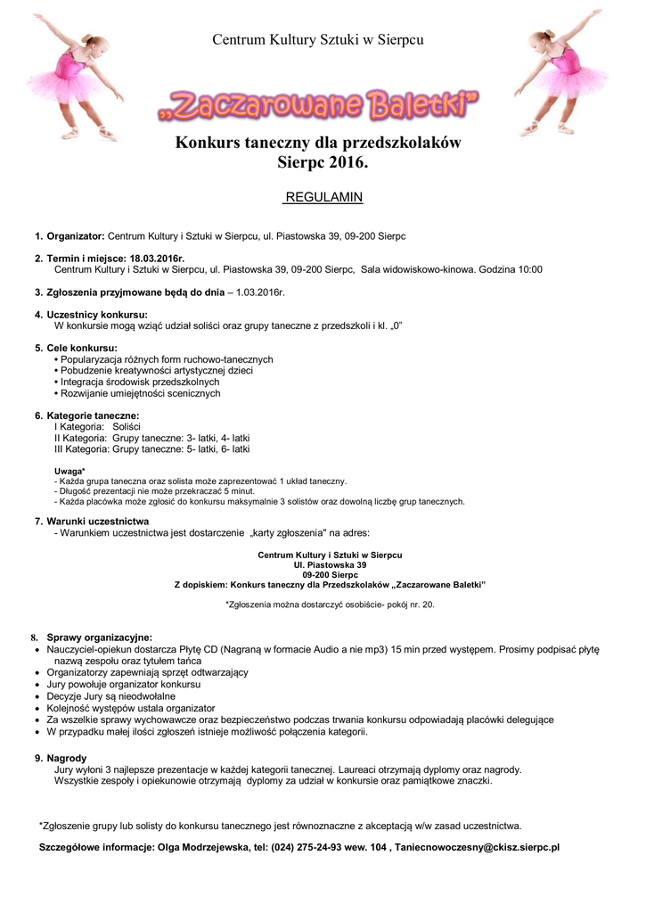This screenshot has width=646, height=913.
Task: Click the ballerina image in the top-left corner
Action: pyautogui.click(x=75, y=75)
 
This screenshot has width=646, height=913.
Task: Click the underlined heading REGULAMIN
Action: pyautogui.click(x=323, y=197)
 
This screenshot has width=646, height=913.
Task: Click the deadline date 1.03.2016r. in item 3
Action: pyautogui.click(x=260, y=292)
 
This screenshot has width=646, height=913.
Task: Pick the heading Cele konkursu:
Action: pyautogui.click(x=82, y=348)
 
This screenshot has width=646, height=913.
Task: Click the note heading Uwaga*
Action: pyautogui.click(x=70, y=471)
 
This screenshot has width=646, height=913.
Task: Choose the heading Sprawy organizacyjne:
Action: pyautogui.click(x=100, y=637)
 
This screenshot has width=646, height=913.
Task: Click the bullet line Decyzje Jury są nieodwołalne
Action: pyautogui.click(x=111, y=695)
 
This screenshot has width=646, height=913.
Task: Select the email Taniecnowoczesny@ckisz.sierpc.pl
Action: pyautogui.click(x=477, y=847)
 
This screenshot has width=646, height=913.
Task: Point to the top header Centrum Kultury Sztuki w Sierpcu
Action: pyautogui.click(x=318, y=40)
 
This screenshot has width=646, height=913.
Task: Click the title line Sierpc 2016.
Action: pyautogui.click(x=318, y=163)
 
